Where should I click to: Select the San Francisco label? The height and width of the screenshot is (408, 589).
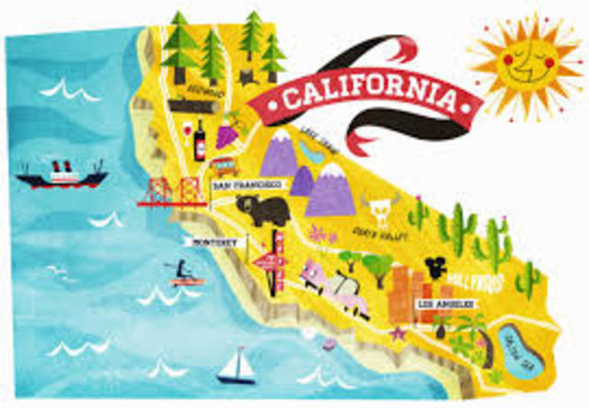coord(243,185)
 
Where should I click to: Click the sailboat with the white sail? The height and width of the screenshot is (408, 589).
coord(237,365)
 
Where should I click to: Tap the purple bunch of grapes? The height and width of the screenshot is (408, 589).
coord(226,134)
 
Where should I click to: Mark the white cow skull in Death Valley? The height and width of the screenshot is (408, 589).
coord(376,207)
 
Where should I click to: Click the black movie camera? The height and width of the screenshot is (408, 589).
coord(432,266)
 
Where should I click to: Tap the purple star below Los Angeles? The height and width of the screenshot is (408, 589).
coord(399,332)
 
